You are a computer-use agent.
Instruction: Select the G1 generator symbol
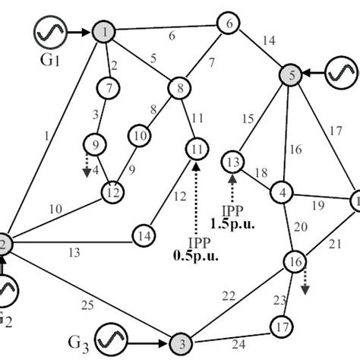point(48,31)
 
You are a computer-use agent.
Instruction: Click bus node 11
point(195,146)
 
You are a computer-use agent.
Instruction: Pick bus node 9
point(96,142)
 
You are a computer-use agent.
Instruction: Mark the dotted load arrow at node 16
point(306,280)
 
